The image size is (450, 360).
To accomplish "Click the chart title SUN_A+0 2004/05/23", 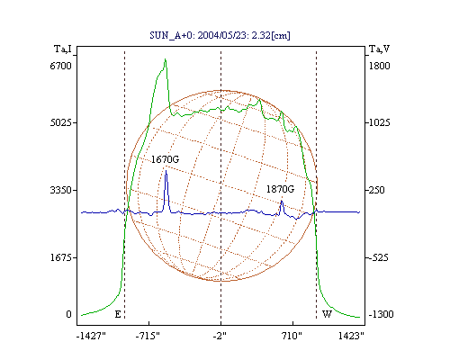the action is pos(220,35).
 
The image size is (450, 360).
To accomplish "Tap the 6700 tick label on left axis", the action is pos(60,66).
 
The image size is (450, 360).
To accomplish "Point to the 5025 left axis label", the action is pos(60,122).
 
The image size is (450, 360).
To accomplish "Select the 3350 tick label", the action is pos(60,190).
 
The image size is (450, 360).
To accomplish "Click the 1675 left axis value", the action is pos(60,257).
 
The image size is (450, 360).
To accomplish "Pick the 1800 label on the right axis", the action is pos(379,66).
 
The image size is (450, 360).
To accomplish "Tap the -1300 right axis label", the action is pos(381,314).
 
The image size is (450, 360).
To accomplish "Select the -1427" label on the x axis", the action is pos(91,336).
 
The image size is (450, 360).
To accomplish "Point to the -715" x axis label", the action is pos(148,336).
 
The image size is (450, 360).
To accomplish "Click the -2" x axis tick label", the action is pos(220,336).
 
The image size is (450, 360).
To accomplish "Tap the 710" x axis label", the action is pos(292,336).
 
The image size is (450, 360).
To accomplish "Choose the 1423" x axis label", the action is pos(351,336).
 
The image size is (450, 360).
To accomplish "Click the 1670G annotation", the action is pos(165,159).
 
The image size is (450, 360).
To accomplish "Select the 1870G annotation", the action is pos(281,189).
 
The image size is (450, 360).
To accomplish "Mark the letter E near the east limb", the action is pos(118,314).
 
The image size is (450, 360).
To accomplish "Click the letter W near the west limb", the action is pos(327,314).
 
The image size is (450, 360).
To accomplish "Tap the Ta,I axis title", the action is pos(63,49).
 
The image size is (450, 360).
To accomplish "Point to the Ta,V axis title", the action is pos(380,49).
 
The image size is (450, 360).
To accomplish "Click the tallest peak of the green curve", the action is pos(165,59).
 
